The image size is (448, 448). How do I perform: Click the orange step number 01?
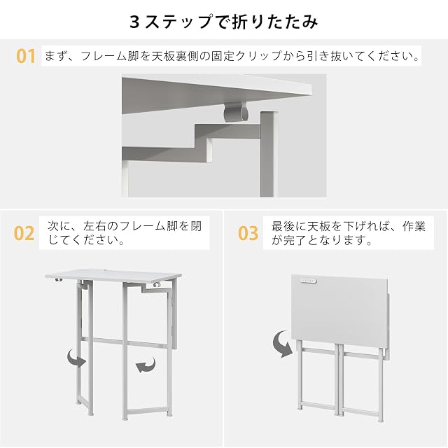[x=26, y=56]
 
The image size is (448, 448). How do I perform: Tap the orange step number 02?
[x=24, y=233]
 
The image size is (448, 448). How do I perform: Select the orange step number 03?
[x=248, y=233]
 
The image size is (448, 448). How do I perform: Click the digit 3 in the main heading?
[x=134, y=22]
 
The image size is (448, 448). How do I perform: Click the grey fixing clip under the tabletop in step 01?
[x=235, y=111]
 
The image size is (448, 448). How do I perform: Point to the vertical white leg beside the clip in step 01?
[x=269, y=154]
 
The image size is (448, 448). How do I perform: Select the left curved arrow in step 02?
[x=76, y=358]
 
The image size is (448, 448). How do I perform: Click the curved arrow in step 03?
[x=283, y=344]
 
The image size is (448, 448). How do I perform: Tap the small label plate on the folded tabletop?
[x=308, y=281]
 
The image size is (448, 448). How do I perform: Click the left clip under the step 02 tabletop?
[x=59, y=280]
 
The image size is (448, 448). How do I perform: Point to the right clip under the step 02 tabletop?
[x=156, y=285]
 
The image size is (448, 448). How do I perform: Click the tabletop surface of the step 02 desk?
[x=113, y=275]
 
